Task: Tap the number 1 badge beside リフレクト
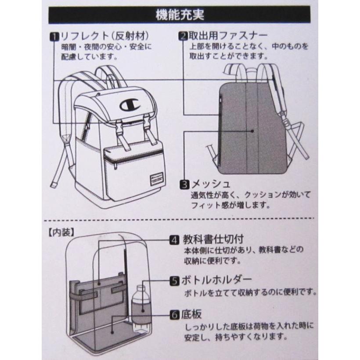[54, 36]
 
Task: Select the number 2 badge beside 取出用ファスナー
[183, 36]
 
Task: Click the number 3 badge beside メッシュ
[184, 184]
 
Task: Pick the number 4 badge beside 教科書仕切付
[174, 240]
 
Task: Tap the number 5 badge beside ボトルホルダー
[174, 281]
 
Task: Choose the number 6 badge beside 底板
[174, 315]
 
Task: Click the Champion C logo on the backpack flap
[129, 105]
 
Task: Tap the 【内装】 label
[61, 233]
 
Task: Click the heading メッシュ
[211, 184]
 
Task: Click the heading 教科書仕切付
[213, 239]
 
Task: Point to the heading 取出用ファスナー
[228, 36]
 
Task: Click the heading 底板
[191, 314]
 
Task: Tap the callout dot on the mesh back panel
[252, 131]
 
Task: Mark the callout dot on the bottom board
[112, 332]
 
